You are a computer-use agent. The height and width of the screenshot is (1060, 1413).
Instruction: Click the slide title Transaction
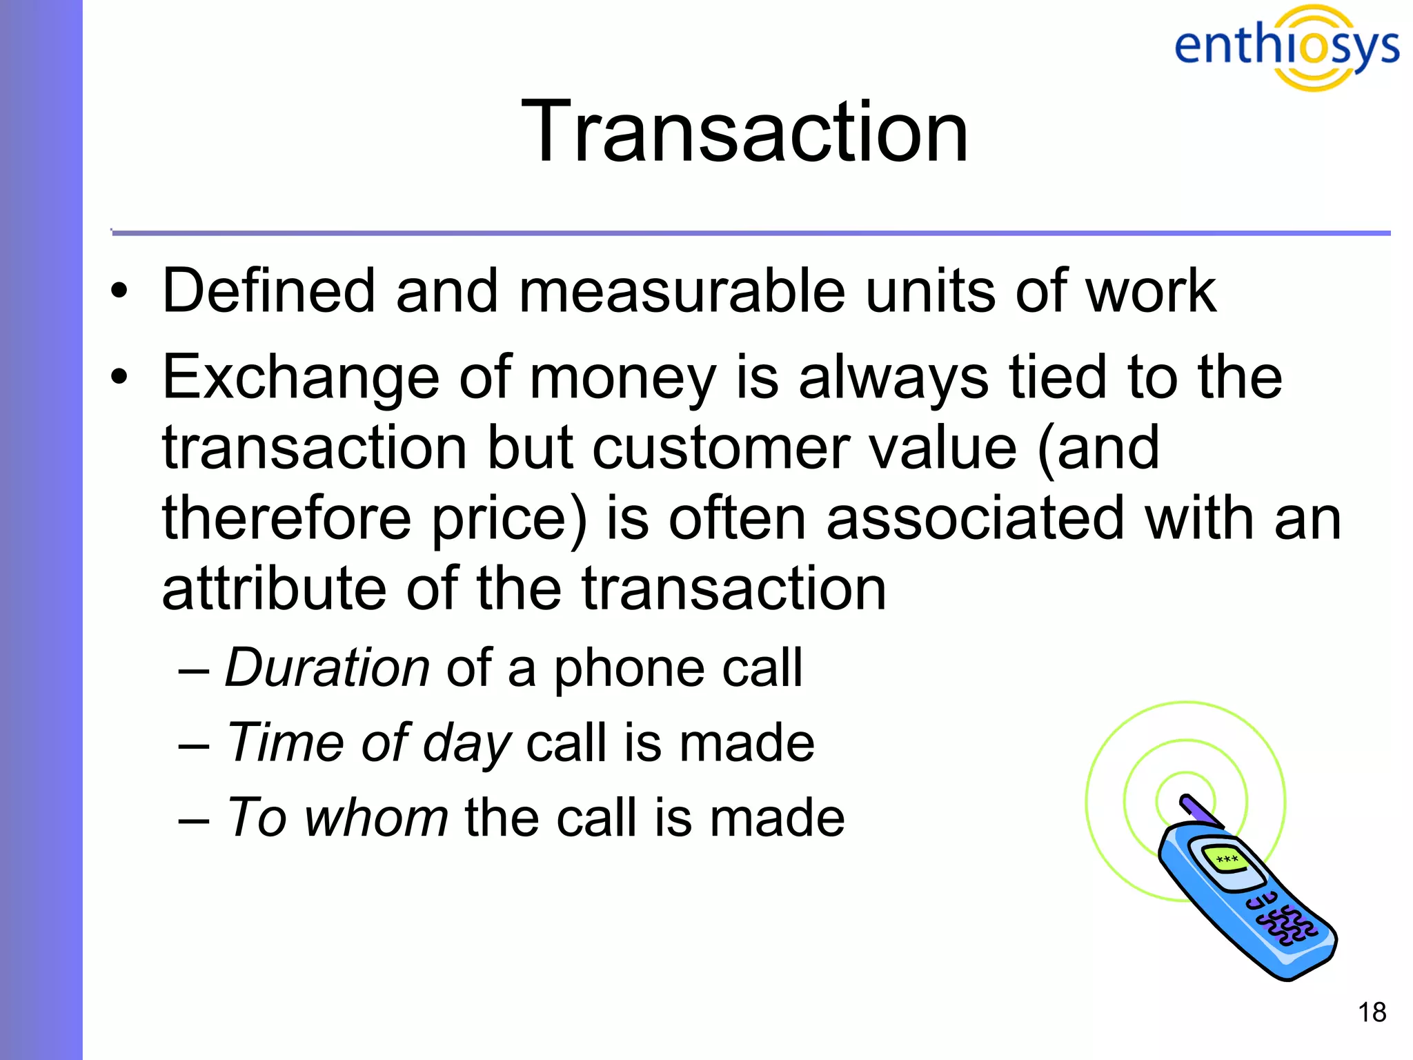coord(744,131)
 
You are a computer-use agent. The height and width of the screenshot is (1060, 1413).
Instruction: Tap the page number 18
coord(1372,1013)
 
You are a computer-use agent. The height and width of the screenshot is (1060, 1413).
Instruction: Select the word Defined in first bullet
coord(267,291)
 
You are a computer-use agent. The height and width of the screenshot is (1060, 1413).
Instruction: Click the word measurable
coord(682,291)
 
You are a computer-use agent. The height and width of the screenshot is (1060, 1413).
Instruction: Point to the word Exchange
coord(300,378)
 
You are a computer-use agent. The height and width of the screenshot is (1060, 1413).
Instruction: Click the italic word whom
coord(377,817)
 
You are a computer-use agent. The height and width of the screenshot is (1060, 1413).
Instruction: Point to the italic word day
coord(466,743)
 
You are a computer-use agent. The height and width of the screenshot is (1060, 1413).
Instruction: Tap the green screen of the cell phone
coord(1226,860)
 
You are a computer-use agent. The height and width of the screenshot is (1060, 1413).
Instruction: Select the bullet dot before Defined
coord(119,291)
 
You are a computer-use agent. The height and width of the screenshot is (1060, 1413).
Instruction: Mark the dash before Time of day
coord(193,745)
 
